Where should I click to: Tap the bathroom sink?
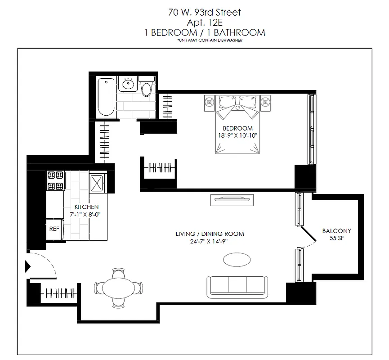[128, 84]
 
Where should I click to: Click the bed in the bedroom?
[237, 124]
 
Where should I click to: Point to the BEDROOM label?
[237, 128]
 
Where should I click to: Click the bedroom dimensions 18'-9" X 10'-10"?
[237, 135]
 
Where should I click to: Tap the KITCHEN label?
[86, 207]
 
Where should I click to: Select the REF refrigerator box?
[54, 229]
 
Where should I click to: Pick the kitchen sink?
[97, 182]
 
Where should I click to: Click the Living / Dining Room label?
[210, 234]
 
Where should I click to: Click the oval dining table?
[119, 287]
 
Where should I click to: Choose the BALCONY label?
[336, 231]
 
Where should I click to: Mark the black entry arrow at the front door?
[28, 266]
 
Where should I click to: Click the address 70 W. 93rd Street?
[205, 13]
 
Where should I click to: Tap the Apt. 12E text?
[205, 22]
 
